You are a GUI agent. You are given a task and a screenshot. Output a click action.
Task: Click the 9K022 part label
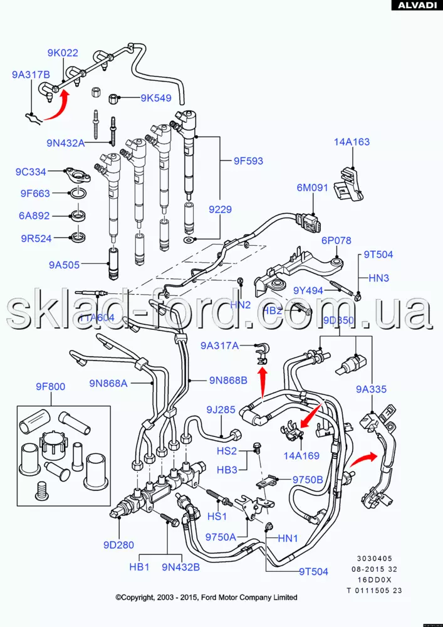(x=63, y=53)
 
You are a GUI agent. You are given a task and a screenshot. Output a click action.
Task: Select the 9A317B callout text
(x=31, y=74)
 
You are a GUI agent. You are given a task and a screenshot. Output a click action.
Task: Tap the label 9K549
(x=155, y=98)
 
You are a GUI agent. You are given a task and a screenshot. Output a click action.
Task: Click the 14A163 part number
(x=352, y=142)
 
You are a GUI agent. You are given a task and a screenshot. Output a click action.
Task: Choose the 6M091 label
(x=313, y=187)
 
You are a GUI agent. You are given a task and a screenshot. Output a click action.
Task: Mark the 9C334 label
(x=31, y=172)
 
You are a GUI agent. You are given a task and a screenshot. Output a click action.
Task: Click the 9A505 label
(x=65, y=265)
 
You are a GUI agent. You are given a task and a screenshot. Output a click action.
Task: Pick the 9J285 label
(x=221, y=410)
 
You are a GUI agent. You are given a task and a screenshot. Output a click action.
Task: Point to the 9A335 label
(x=372, y=389)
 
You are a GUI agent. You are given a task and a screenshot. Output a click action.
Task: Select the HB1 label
(x=138, y=567)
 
